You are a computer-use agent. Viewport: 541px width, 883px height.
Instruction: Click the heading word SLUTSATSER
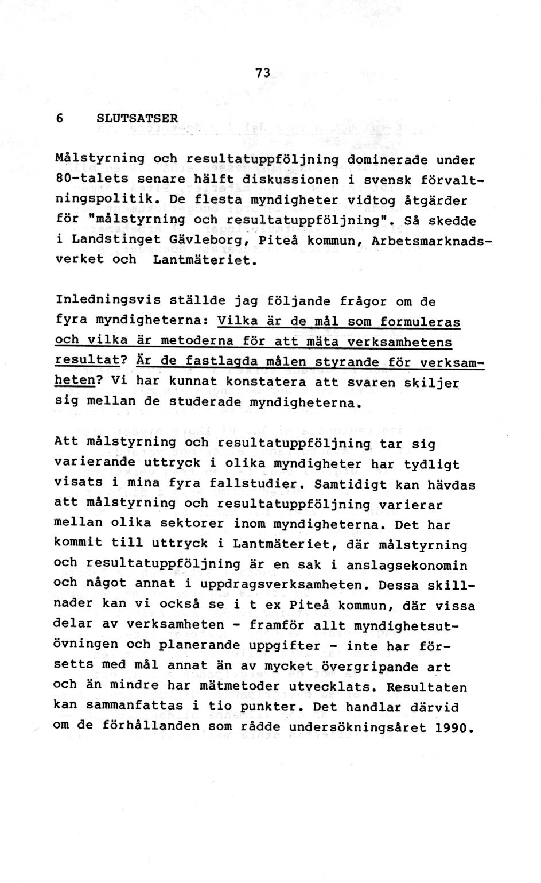point(137,118)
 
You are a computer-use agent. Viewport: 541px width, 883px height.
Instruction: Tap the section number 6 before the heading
point(60,118)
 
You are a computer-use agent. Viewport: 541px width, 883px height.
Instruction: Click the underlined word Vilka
point(239,320)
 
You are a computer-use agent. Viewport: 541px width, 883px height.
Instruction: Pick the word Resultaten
point(427,687)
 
